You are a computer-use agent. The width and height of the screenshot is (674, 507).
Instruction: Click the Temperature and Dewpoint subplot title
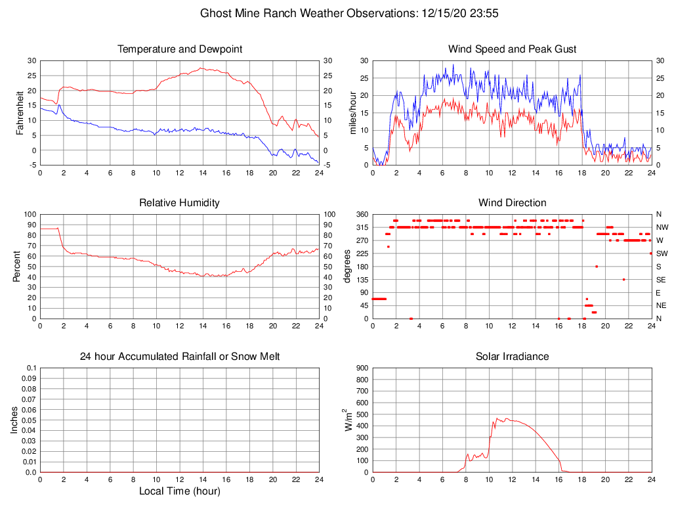pos(180,49)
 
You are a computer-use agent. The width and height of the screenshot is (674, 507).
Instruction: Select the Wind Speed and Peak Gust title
pos(512,49)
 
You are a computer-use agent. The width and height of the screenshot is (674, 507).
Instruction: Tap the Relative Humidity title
pos(179,202)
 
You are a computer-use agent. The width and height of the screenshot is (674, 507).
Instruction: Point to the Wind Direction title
pos(512,202)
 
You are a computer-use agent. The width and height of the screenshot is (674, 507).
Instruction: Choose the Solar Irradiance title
pos(512,357)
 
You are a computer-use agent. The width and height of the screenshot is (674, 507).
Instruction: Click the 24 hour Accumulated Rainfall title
pos(180,357)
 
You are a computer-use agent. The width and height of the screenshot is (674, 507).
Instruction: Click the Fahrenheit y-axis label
pos(20,112)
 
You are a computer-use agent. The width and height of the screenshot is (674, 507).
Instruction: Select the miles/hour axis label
pos(352,112)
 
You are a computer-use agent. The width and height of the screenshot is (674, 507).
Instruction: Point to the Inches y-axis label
pos(14,420)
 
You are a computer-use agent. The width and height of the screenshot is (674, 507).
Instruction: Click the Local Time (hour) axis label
pos(179,491)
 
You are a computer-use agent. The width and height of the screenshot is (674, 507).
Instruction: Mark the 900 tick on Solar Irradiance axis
pos(361,368)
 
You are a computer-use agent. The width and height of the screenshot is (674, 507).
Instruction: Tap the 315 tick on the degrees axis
pos(361,227)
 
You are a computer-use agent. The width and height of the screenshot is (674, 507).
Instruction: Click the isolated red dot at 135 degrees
pos(623,280)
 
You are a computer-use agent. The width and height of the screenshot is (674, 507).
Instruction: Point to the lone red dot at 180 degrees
pos(597,267)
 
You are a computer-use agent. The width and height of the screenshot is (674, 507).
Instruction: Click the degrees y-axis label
pos(347,267)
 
